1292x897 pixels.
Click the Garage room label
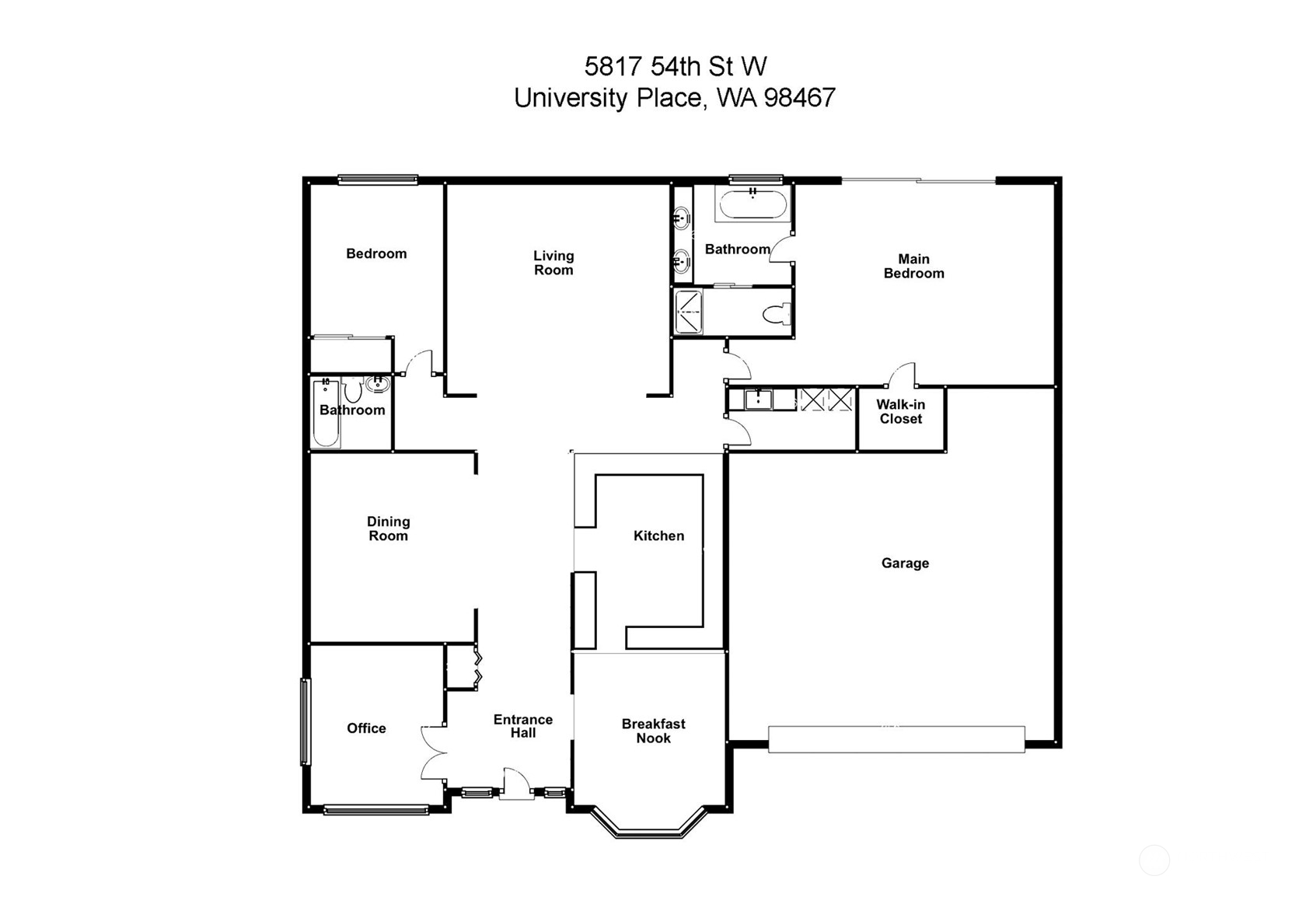tap(905, 563)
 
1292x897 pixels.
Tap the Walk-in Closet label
tap(900, 411)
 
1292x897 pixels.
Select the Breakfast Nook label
tap(654, 731)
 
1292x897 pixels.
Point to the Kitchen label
tap(658, 536)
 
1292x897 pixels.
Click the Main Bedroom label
tap(913, 266)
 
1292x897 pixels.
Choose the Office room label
tap(366, 728)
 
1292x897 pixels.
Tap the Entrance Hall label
tap(523, 726)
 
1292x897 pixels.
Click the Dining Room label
tap(388, 529)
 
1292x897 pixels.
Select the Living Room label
tap(553, 263)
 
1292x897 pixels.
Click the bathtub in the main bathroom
tap(753, 204)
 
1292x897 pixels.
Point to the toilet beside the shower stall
tap(776, 314)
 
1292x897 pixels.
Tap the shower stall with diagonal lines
tap(689, 312)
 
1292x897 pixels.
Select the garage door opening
tap(896, 739)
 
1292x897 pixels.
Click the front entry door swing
tap(516, 783)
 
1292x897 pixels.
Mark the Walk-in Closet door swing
tap(902, 375)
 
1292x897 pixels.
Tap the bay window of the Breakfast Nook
tap(649, 823)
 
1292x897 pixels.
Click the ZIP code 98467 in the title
tap(799, 97)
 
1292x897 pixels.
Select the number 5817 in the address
tap(613, 66)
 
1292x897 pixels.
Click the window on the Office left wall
tap(306, 721)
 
